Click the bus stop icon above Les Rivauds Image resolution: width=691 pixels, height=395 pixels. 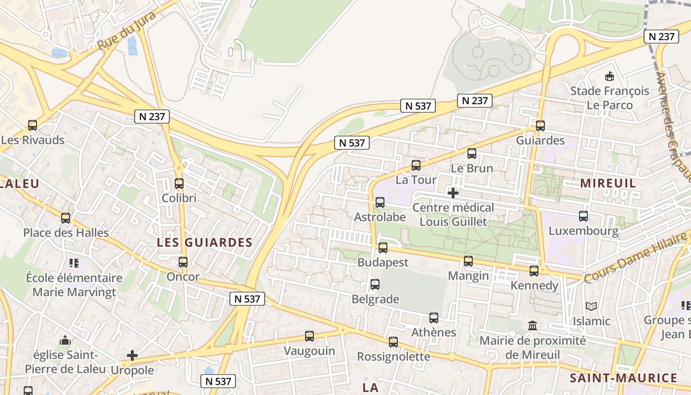pyautogui.click(x=33, y=125)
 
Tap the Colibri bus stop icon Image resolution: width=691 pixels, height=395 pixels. pyautogui.click(x=179, y=184)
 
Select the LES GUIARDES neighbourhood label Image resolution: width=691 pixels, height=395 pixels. pyautogui.click(x=205, y=242)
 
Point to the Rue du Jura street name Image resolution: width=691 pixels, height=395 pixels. pyautogui.click(x=126, y=30)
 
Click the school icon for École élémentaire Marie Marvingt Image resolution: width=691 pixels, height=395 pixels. pyautogui.click(x=74, y=263)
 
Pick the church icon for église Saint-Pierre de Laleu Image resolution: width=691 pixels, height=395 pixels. pyautogui.click(x=65, y=340)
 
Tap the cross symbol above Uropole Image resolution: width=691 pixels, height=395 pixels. pyautogui.click(x=132, y=355)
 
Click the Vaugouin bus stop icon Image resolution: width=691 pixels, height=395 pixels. pyautogui.click(x=309, y=336)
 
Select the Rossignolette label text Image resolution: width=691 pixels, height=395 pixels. pyautogui.click(x=393, y=356)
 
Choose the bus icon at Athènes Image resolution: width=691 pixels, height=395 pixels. pyautogui.click(x=434, y=318)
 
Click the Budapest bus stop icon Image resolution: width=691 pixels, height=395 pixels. pyautogui.click(x=383, y=248)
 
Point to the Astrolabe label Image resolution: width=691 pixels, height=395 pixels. pyautogui.click(x=380, y=217)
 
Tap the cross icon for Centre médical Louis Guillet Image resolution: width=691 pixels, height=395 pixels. pyautogui.click(x=453, y=193)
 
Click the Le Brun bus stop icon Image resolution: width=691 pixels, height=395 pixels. pyautogui.click(x=472, y=154)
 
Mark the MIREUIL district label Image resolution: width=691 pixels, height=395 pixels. pyautogui.click(x=608, y=183)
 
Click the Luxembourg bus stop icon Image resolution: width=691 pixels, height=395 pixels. pyautogui.click(x=583, y=216)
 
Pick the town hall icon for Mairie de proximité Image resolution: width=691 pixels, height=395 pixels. pyautogui.click(x=533, y=326)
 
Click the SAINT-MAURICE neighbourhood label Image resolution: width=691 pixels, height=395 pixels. pyautogui.click(x=623, y=378)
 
